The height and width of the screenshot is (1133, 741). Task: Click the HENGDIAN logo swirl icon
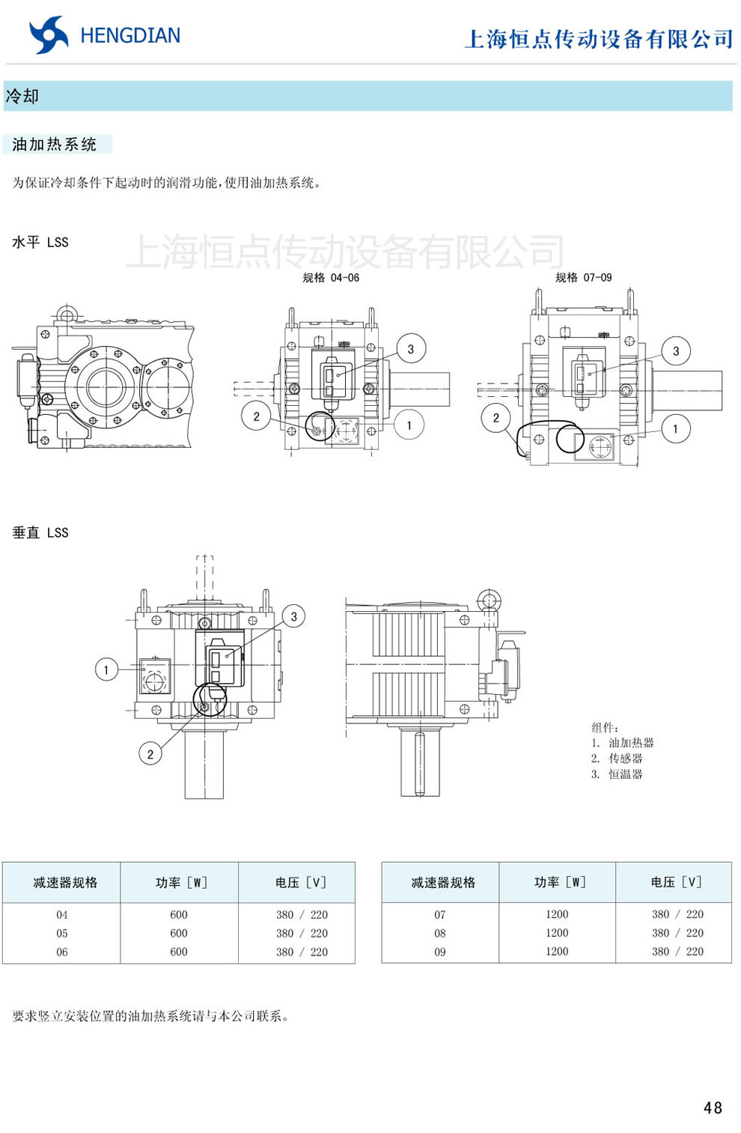pyautogui.click(x=49, y=35)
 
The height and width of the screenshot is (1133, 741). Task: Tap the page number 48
pyautogui.click(x=713, y=1108)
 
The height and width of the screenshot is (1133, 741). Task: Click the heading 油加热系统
pyautogui.click(x=55, y=145)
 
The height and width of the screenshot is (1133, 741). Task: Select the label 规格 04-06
pyautogui.click(x=331, y=278)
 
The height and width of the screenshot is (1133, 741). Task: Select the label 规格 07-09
pyautogui.click(x=583, y=278)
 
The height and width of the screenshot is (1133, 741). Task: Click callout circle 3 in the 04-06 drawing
pyautogui.click(x=410, y=349)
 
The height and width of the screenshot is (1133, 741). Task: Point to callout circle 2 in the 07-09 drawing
pyautogui.click(x=495, y=418)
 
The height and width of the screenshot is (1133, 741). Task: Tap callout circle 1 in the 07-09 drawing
pyautogui.click(x=675, y=429)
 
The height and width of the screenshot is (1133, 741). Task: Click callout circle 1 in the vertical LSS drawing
pyautogui.click(x=106, y=669)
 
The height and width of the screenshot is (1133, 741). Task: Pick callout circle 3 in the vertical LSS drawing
pyautogui.click(x=293, y=616)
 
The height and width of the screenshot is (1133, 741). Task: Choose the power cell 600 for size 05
pyautogui.click(x=179, y=933)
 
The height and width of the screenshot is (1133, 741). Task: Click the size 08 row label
pyautogui.click(x=440, y=933)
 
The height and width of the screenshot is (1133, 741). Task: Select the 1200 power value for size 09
pyautogui.click(x=557, y=951)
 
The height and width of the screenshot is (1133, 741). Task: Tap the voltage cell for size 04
pyautogui.click(x=302, y=914)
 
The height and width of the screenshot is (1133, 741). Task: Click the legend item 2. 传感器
pyautogui.click(x=617, y=759)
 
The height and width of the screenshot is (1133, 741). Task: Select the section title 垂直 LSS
pyautogui.click(x=40, y=532)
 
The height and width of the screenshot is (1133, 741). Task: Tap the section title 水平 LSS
pyautogui.click(x=40, y=242)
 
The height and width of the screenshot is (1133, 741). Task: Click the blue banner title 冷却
pyautogui.click(x=22, y=96)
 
